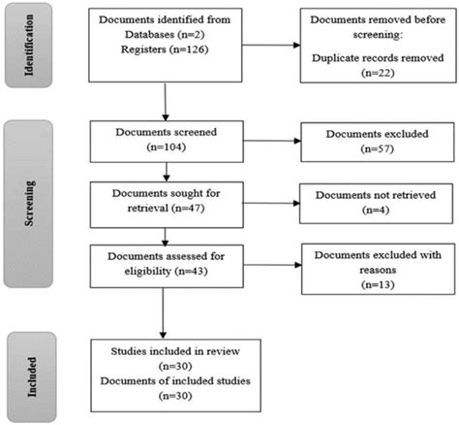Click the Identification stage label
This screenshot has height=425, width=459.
tap(29, 45)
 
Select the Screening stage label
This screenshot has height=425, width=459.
tap(29, 203)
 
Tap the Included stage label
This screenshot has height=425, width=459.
tap(32, 376)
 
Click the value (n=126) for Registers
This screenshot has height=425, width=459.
tap(188, 49)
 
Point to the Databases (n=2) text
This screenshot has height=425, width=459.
tap(165, 35)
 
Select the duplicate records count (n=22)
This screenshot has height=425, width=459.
tap(378, 73)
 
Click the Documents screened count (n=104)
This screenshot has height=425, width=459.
tap(167, 147)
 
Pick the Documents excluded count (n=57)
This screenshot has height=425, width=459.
tap(378, 148)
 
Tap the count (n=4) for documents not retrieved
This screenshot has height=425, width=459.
tap(376, 210)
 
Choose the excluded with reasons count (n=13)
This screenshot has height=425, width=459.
tap(378, 284)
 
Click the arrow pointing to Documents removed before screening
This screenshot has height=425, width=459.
tap(271, 45)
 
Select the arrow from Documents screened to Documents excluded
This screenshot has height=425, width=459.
tap(272, 141)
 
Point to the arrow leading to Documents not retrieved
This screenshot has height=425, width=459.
tap(271, 203)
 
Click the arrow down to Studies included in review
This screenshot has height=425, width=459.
tap(163, 313)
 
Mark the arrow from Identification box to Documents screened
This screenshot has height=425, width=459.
tap(166, 102)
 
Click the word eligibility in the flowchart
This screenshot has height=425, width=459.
tap(147, 271)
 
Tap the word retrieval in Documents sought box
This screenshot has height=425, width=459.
tap(148, 208)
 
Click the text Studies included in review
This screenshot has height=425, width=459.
tap(175, 351)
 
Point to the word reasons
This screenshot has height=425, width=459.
tap(378, 270)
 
